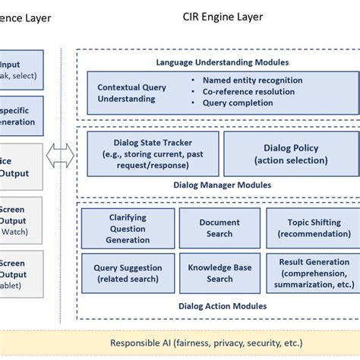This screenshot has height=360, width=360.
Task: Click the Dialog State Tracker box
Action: pyautogui.click(x=153, y=153)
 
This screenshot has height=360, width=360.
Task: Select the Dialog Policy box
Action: pyautogui.click(x=290, y=153)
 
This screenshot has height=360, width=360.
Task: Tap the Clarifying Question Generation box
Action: pyautogui.click(x=128, y=228)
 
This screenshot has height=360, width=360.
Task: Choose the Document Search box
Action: pyautogui.click(x=219, y=228)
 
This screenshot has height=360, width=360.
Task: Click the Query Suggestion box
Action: pyautogui.click(x=128, y=273)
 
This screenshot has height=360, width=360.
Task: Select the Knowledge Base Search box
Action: pyautogui.click(x=219, y=273)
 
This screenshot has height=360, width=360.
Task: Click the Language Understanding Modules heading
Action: pyautogui.click(x=222, y=62)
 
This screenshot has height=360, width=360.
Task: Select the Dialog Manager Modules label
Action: pyautogui.click(x=222, y=185)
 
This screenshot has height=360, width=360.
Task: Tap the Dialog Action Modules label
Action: pyautogui.click(x=222, y=306)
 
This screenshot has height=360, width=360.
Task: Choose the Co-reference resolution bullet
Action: pyautogui.click(x=249, y=92)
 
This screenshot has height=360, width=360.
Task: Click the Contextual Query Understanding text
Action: pyautogui.click(x=132, y=93)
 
